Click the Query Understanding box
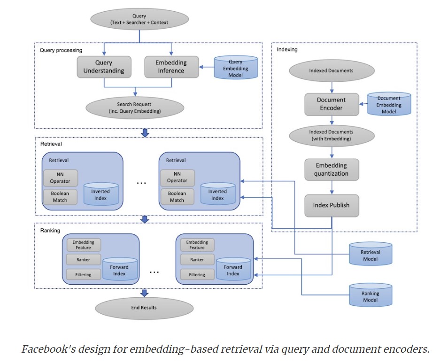104,67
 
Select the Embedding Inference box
164,67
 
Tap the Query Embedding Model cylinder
235,68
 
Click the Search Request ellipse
134,108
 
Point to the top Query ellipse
139,19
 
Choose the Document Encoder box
332,104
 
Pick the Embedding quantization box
332,170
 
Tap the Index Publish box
332,205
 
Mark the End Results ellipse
144,308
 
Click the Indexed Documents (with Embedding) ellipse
332,136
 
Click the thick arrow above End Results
145,293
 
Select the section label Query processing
61,50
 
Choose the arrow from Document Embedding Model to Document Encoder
363,104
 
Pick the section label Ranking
50,231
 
